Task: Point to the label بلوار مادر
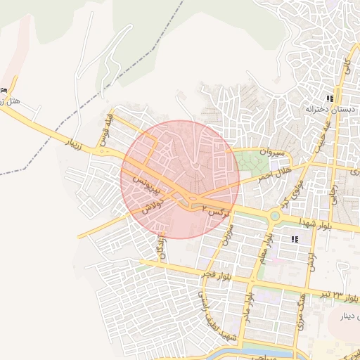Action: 247,300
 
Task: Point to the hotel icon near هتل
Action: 4,90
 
